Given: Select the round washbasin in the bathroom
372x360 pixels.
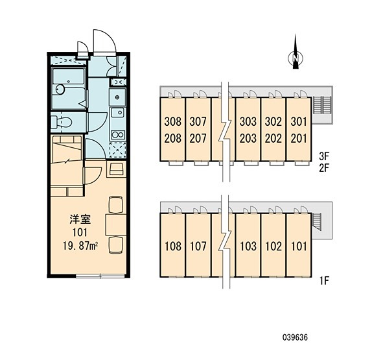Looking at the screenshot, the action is (60, 90).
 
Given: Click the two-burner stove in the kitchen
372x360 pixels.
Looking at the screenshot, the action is (118, 135).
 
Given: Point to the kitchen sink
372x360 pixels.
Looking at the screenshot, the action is (118, 112).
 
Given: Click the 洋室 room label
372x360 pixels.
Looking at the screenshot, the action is (80, 220).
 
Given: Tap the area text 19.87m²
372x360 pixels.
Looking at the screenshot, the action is (80, 246).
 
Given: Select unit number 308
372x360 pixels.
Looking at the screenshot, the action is (172, 121).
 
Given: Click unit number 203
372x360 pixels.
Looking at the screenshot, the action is (248, 138).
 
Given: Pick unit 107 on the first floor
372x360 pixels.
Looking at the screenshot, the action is (198, 246).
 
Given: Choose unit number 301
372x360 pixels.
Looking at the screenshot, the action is (299, 121).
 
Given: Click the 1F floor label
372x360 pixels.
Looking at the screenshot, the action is (324, 281).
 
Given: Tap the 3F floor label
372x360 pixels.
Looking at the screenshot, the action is (324, 156).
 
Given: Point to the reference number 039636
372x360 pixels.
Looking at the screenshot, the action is (295, 337).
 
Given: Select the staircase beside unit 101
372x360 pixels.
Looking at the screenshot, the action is (316, 222).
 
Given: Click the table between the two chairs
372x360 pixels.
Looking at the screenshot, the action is (116, 224).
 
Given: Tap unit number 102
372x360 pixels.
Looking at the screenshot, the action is (273, 246).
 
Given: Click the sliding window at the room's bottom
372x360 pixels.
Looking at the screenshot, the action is (100, 276).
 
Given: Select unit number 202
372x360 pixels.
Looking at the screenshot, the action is (273, 138).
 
